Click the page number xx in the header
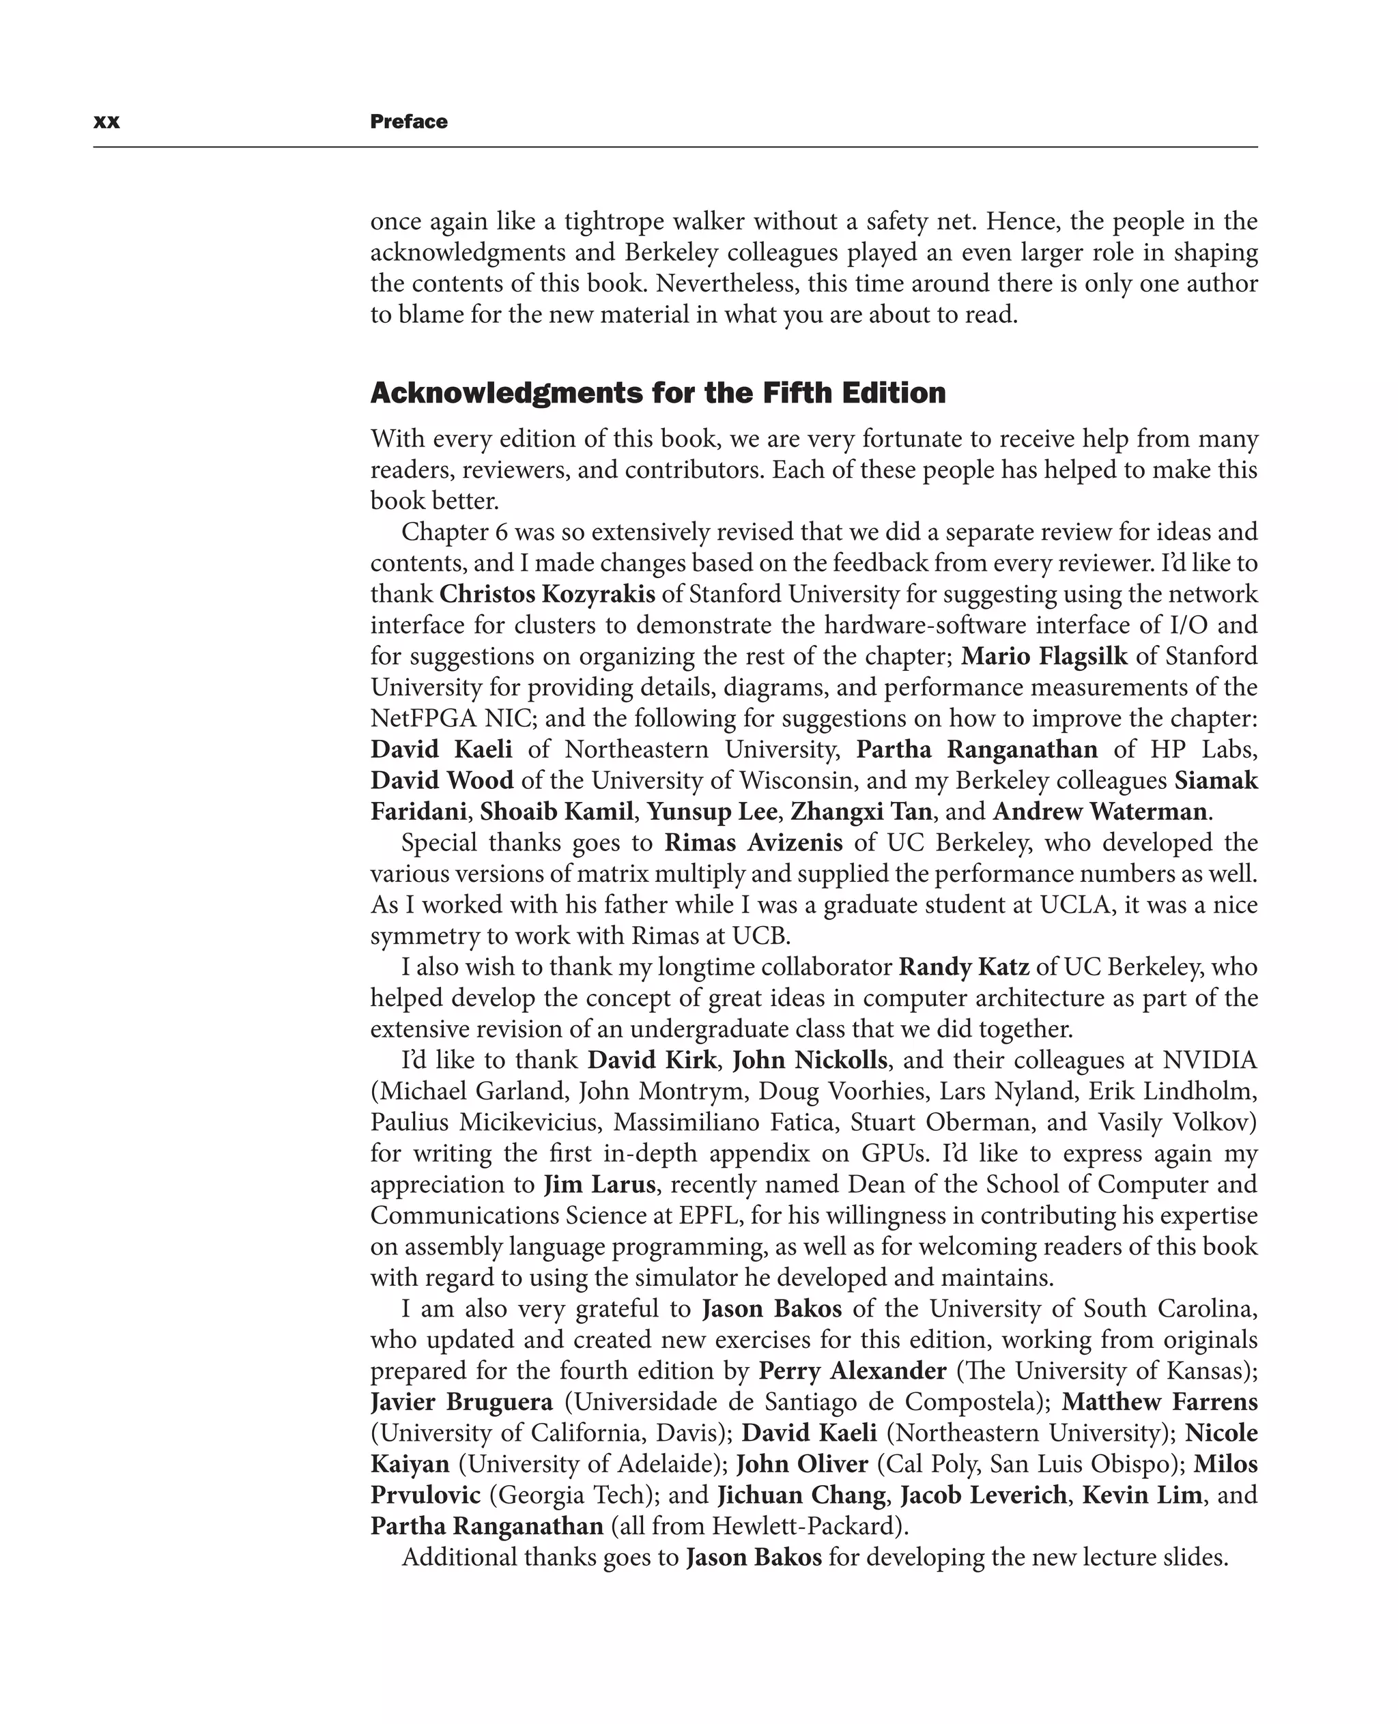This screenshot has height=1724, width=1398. [106, 121]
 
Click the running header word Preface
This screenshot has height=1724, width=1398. [408, 121]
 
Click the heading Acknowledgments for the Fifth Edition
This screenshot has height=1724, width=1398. [657, 393]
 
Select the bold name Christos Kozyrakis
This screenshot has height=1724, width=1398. [547, 594]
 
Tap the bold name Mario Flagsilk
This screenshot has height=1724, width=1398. [1044, 657]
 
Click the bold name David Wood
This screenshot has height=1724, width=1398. [441, 780]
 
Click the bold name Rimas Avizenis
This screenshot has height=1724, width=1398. [753, 842]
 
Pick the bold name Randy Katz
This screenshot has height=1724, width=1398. [963, 966]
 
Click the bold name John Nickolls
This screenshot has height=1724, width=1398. [810, 1060]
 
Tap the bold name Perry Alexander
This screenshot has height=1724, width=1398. [852, 1370]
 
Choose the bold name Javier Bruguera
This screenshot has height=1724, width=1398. [461, 1402]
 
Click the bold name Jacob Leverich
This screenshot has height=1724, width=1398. [982, 1495]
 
